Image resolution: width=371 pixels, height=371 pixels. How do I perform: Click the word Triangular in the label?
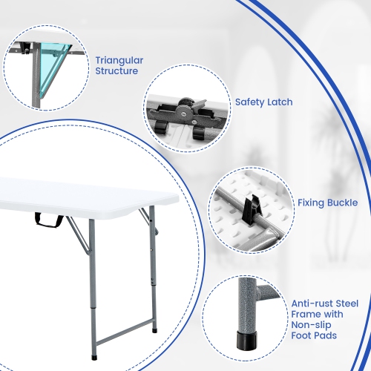119,59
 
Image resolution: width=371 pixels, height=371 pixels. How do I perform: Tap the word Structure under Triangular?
116,71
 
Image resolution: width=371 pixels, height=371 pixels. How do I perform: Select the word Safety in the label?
250,102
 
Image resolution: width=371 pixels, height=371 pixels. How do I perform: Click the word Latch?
280,102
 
